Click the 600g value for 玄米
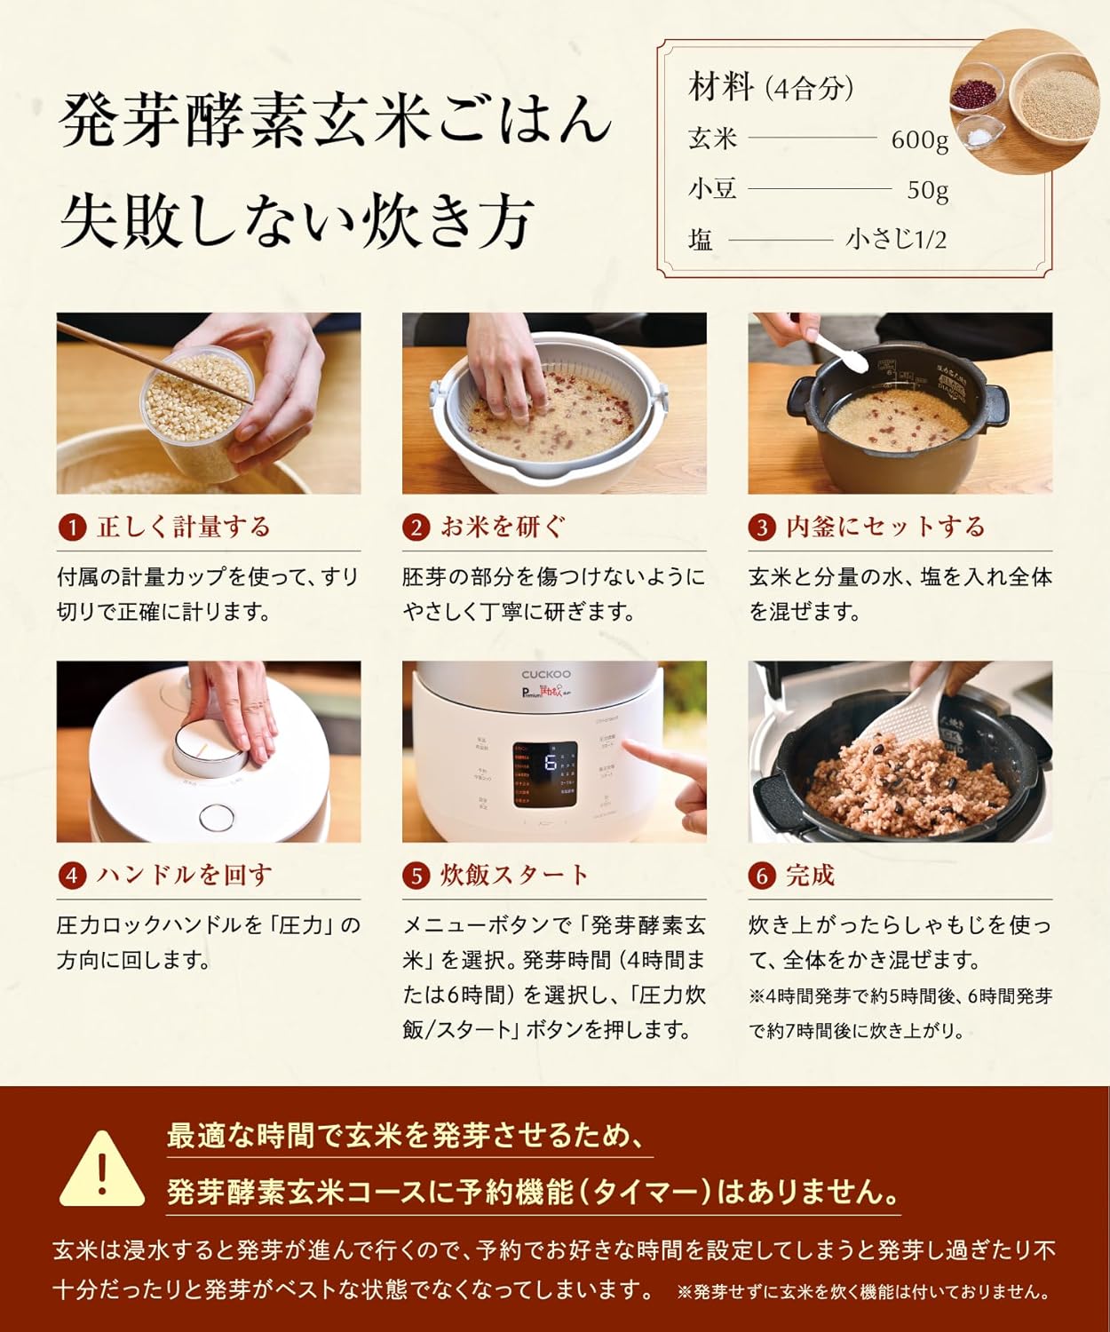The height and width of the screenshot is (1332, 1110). point(919,139)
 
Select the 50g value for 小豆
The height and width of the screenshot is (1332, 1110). point(927,190)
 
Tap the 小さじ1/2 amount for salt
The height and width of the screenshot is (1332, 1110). point(896,240)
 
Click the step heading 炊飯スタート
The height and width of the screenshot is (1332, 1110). point(514,876)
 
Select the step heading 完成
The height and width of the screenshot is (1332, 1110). point(810,876)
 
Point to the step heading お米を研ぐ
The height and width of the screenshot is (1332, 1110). point(502,527)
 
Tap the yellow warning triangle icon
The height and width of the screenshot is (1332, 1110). point(102,1170)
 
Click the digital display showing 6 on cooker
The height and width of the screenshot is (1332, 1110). point(545,773)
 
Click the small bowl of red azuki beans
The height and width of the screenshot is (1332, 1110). point(975,91)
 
